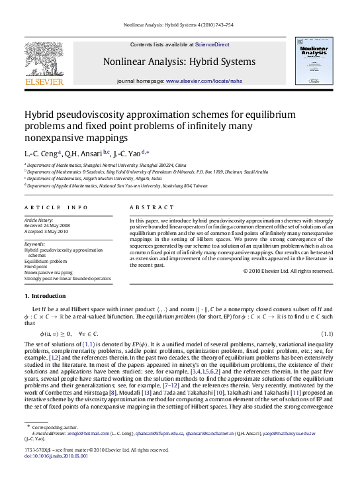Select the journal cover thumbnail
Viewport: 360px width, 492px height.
point(317,65)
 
